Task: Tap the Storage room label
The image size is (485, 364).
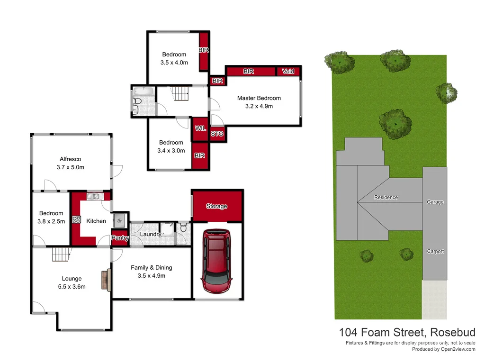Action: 216,207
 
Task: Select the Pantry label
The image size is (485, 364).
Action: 120,238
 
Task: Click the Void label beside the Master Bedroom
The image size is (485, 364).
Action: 288,72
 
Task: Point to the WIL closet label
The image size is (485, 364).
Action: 200,128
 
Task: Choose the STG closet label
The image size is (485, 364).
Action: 217,134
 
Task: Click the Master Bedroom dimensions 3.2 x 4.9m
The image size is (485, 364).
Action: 259,106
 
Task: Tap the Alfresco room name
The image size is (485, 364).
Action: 71,159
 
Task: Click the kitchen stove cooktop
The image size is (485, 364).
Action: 76,219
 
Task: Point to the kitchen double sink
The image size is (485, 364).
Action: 93,196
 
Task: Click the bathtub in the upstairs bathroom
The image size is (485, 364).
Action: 141,91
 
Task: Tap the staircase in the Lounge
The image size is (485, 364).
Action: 61,255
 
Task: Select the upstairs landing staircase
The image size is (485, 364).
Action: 180,93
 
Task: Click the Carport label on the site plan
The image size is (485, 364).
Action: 435,251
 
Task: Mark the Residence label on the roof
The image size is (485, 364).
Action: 386,197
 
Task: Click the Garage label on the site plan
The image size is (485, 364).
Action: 435,202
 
